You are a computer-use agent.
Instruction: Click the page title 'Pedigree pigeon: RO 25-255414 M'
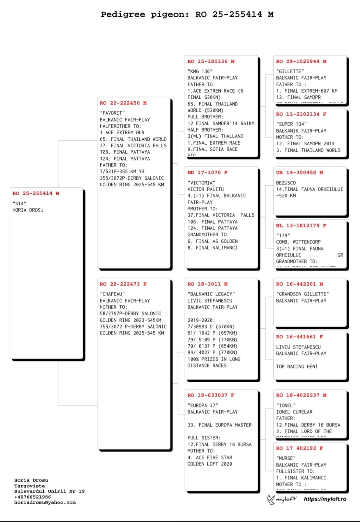tap(187, 14)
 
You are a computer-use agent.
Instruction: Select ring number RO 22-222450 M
tap(123, 103)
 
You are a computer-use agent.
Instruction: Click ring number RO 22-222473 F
tap(123, 284)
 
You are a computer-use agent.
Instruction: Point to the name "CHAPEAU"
tap(112, 294)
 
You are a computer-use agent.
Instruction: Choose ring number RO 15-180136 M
tap(211, 61)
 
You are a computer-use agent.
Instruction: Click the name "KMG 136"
tap(200, 72)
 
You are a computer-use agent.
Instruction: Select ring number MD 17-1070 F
tap(207, 173)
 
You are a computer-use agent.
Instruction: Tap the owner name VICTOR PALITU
tap(205, 189)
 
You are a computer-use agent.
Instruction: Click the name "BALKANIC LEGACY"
tap(211, 294)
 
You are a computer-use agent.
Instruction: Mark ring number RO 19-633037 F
tap(211, 395)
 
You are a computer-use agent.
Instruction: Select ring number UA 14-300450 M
tap(300, 173)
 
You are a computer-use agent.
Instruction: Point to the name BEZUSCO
tap(286, 183)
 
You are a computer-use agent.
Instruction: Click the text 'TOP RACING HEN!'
tap(297, 367)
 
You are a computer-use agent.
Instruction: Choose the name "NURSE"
tap(286, 458)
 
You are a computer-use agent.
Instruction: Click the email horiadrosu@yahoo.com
tap(45, 503)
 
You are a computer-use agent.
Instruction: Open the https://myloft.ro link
tap(325, 499)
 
